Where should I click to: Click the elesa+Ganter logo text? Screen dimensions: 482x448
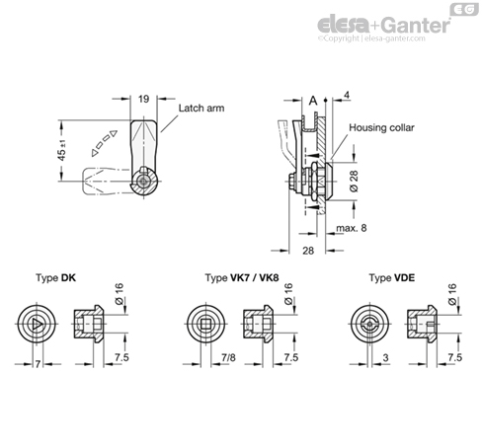tap(383, 24)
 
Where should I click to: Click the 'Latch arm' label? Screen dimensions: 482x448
tap(201, 108)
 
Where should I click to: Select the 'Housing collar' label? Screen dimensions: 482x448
tap(381, 127)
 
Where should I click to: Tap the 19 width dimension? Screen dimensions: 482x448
tap(143, 99)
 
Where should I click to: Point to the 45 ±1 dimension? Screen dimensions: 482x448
tap(62, 150)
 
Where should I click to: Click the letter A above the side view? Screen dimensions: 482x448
tap(313, 101)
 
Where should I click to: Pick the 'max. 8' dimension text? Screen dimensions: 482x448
tap(351, 228)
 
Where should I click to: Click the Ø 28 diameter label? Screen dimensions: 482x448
tap(354, 181)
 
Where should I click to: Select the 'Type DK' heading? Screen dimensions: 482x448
tap(55, 278)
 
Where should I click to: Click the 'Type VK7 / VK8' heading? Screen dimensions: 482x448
tap(242, 278)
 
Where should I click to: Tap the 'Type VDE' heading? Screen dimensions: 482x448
tap(391, 278)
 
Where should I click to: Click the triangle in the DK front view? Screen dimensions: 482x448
tap(38, 325)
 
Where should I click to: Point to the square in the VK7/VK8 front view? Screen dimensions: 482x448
tap(206, 325)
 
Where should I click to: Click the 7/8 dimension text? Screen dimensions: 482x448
tap(228, 357)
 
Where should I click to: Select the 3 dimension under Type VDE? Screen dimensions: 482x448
tap(385, 357)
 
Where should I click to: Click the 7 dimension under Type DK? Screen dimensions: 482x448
tap(38, 364)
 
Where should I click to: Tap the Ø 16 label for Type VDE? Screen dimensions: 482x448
tap(452, 293)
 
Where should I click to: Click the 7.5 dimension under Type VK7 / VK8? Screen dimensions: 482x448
tap(290, 357)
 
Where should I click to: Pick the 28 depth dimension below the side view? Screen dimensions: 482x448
tap(308, 251)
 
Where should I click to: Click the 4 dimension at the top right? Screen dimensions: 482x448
tap(346, 95)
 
